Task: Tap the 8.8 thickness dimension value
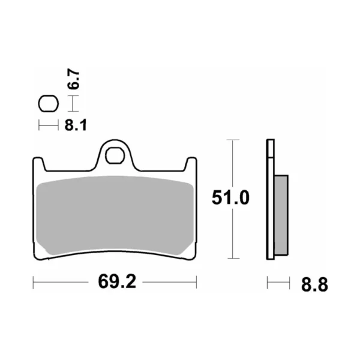[315, 285]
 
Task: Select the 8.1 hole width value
[75, 125]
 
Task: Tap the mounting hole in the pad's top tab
[113, 155]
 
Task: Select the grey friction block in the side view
[281, 213]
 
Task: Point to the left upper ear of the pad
[37, 165]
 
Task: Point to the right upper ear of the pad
[190, 165]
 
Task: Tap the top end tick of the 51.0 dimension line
[232, 140]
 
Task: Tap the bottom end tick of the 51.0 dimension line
[232, 259]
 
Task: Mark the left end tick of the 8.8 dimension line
[267, 282]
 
